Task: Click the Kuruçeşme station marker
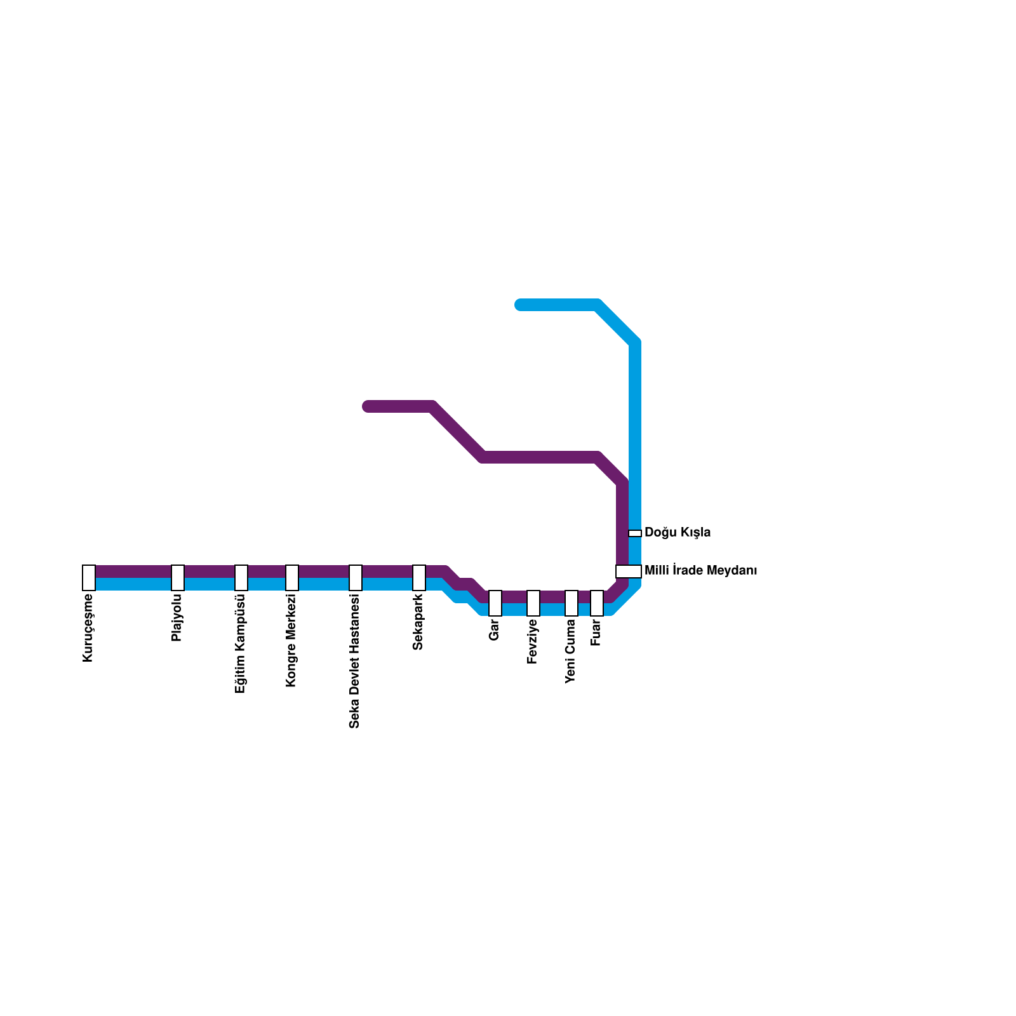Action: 89,578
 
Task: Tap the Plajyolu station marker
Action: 178,578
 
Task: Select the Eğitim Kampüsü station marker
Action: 241,578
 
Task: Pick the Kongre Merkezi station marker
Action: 292,578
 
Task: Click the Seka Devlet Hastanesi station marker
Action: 356,578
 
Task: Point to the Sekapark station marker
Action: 419,578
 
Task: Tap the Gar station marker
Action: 495,603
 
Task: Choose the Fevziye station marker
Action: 533,603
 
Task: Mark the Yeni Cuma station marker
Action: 571,603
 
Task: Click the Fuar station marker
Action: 597,603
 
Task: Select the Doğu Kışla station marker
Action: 635,533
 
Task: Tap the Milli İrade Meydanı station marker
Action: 629,571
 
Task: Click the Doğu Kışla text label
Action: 678,533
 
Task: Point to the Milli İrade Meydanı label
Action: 700,571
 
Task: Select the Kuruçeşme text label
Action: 88,627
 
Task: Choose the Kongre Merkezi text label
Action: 291,640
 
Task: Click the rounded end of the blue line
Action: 520,305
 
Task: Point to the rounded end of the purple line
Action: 368,406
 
